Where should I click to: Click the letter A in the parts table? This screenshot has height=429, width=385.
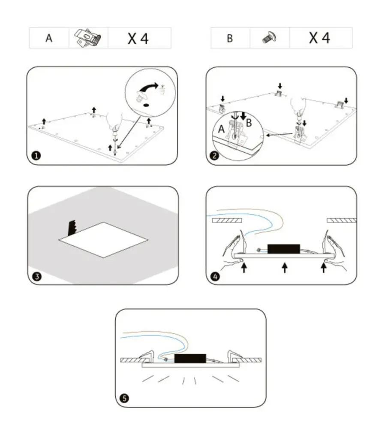(49, 38)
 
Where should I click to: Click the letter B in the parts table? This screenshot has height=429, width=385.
(230, 38)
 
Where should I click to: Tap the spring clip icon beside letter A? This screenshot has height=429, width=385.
(88, 38)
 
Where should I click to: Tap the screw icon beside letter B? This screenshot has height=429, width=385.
(269, 38)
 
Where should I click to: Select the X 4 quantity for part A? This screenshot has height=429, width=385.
(138, 38)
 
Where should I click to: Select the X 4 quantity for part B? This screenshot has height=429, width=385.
(319, 38)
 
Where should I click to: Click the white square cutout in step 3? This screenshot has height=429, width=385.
(103, 239)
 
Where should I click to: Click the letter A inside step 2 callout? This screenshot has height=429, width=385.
(221, 128)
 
